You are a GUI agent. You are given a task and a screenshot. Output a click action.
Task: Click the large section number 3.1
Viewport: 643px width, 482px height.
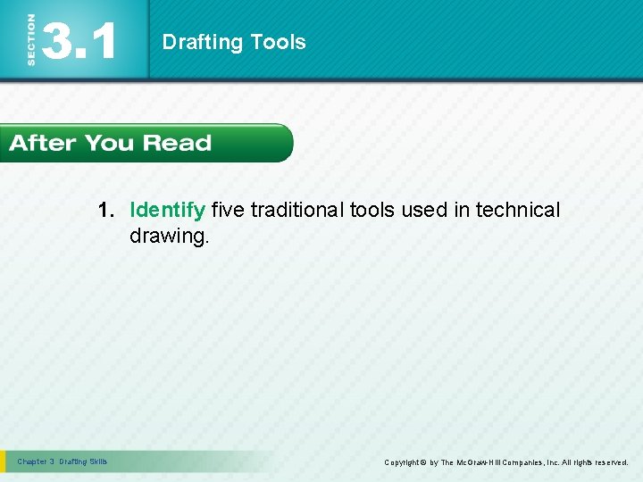79,41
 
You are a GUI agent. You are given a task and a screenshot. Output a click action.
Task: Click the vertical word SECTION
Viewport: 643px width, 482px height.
32,39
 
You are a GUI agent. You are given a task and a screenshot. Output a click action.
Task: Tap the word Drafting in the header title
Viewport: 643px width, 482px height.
203,42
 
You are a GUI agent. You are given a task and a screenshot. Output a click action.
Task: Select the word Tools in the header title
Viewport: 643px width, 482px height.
278,42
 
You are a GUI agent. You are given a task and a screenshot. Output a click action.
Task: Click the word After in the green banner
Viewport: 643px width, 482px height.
43,143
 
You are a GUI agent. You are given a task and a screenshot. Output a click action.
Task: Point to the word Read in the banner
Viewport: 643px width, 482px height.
177,143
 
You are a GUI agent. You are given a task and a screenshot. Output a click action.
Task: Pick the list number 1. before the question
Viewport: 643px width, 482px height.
108,211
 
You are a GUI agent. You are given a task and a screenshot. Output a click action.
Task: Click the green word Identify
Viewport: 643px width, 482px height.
168,211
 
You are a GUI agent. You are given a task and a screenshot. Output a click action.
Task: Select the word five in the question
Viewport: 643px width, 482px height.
229,211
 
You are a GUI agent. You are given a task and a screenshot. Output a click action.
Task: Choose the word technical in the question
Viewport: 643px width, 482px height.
518,211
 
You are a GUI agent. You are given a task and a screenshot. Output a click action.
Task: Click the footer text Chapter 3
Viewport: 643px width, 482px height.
36,461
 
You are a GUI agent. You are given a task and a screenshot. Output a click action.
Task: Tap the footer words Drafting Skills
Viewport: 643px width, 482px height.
83,461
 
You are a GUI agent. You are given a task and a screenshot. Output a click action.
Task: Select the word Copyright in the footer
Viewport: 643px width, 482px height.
404,462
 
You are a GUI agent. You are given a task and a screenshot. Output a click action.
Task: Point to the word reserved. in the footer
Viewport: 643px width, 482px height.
610,462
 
